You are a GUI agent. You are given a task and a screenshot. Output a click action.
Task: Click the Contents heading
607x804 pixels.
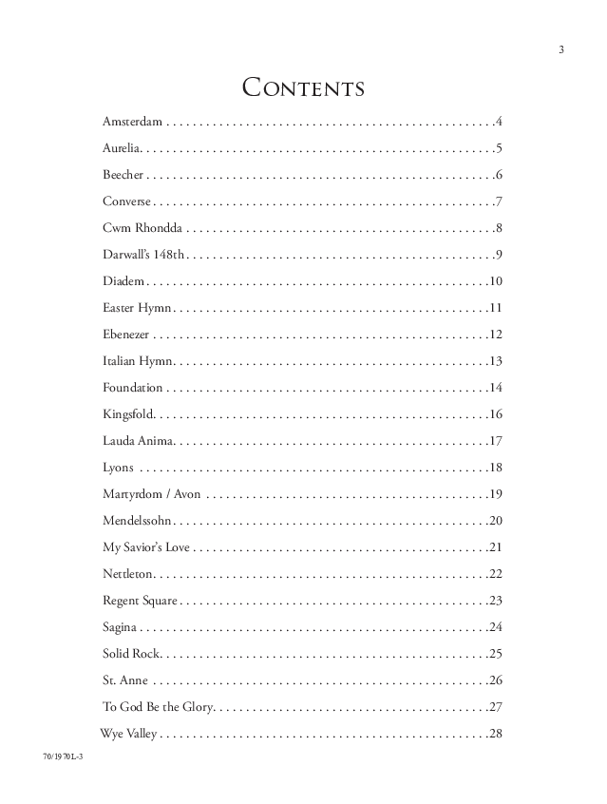click(x=304, y=88)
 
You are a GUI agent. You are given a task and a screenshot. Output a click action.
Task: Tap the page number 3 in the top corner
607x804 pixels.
click(x=561, y=49)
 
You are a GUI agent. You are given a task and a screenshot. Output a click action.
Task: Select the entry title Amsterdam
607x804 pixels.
click(x=133, y=123)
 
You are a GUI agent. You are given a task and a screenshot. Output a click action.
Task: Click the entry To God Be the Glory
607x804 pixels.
click(x=159, y=707)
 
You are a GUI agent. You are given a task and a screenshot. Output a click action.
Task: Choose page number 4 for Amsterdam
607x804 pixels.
click(x=498, y=123)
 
